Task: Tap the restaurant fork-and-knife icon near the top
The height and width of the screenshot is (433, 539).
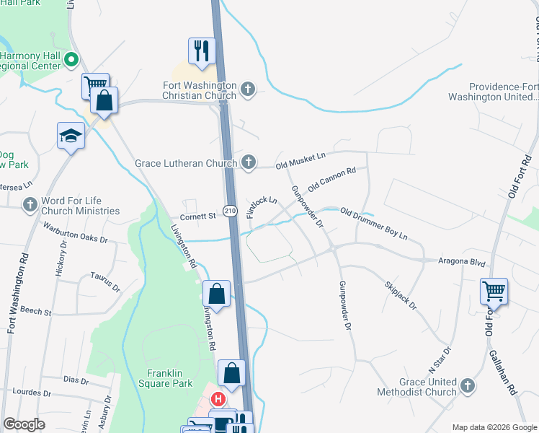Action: point(201,51)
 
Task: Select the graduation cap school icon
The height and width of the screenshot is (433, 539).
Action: point(71,135)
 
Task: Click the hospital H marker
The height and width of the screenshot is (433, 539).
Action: point(217,398)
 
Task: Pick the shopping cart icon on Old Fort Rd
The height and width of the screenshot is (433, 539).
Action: point(494,292)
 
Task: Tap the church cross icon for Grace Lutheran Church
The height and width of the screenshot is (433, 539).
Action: point(248,162)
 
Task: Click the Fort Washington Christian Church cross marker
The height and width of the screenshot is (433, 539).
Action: point(248,89)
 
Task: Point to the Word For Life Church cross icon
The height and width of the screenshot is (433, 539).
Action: point(30,206)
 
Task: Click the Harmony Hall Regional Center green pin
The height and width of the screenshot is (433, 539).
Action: point(71,60)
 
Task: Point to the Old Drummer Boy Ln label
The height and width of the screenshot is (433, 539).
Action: point(374,224)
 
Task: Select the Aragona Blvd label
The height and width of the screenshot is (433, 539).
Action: point(463,264)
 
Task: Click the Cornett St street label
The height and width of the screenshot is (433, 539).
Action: point(197,216)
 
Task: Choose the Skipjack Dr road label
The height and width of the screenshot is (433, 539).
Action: point(401,295)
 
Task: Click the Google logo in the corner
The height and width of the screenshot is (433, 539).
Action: point(24,424)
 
